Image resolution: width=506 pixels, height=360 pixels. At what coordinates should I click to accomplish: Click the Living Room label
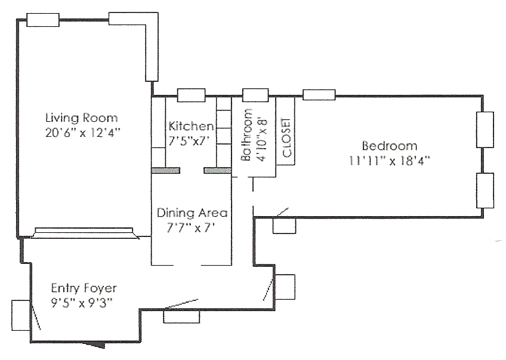81,118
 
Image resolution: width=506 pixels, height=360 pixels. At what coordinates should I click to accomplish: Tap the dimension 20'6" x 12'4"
82,133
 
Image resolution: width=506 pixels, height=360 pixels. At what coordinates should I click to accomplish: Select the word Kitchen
191,126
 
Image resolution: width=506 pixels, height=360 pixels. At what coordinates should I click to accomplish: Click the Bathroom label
246,135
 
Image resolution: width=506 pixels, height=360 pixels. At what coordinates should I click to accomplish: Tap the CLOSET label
286,137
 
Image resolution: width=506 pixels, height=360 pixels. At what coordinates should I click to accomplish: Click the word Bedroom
390,146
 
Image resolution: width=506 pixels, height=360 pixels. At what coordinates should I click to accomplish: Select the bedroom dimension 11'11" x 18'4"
390,161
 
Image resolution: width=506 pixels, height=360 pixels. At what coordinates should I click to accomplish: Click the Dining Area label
192,213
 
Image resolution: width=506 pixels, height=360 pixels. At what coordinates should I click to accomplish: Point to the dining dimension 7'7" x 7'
191,228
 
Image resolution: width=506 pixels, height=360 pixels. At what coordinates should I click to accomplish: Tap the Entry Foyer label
84,288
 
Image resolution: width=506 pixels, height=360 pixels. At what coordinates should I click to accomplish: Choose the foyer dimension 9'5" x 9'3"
82,303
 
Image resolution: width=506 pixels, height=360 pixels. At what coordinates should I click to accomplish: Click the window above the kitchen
192,96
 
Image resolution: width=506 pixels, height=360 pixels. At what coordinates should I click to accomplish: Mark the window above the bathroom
255,96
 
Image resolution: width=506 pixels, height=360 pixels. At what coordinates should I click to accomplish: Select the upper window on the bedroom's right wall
485,130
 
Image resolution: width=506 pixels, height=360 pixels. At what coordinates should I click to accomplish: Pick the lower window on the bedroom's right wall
485,190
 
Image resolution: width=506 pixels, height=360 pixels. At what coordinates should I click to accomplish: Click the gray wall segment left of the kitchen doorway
165,171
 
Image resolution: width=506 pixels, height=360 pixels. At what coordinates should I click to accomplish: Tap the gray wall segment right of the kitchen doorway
218,171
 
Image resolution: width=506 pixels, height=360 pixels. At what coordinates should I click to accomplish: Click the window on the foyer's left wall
21,315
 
